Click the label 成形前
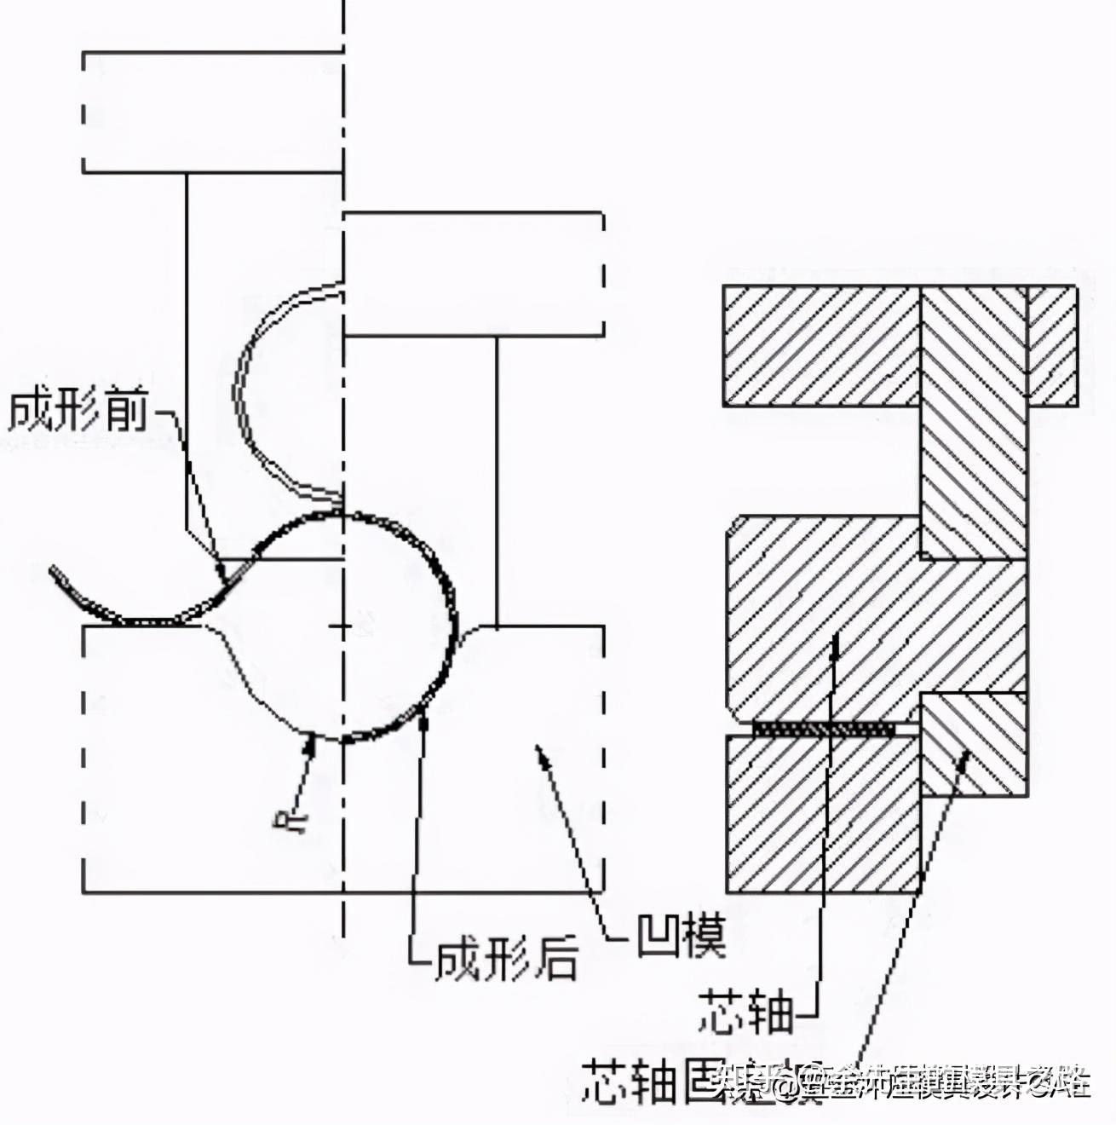[78, 412]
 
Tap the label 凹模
[681, 936]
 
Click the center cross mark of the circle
[341, 627]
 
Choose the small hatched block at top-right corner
[1052, 344]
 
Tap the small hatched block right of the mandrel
[974, 744]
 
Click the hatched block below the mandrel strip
[823, 814]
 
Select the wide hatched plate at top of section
[821, 344]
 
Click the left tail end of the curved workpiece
[55, 572]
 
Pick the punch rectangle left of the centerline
[213, 112]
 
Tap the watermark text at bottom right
[903, 1082]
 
